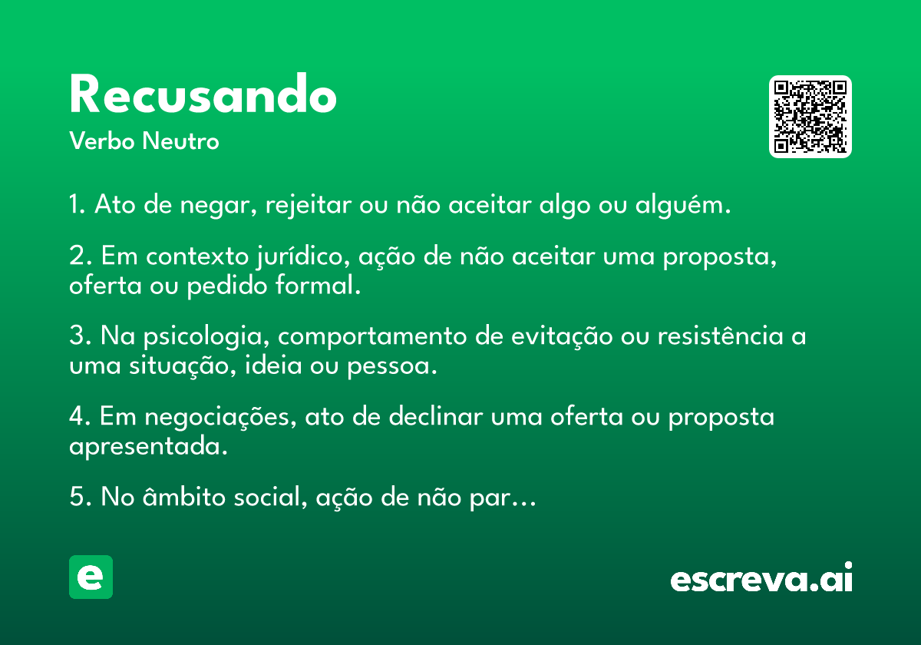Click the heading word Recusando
pyautogui.click(x=203, y=94)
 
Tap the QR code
pyautogui.click(x=810, y=117)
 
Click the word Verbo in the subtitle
pyautogui.click(x=102, y=141)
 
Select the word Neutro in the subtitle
pyautogui.click(x=180, y=141)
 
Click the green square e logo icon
pyautogui.click(x=91, y=577)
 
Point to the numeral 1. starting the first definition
pyautogui.click(x=78, y=204)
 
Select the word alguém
pyautogui.click(x=683, y=205)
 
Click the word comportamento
pyautogui.click(x=372, y=336)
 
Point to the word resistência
pyautogui.click(x=721, y=336)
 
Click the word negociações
pyautogui.click(x=220, y=417)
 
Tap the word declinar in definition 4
pyautogui.click(x=436, y=416)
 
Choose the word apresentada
pyautogui.click(x=148, y=446)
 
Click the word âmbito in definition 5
pyautogui.click(x=184, y=496)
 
